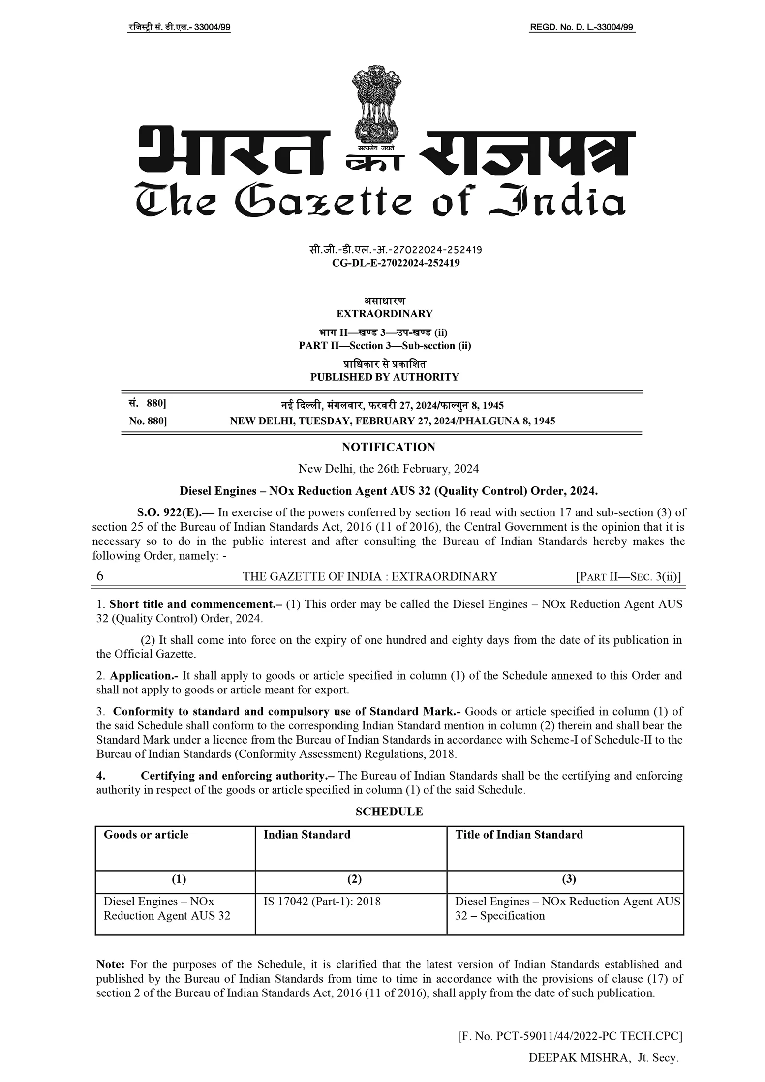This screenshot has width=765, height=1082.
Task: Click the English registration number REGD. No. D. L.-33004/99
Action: point(581,28)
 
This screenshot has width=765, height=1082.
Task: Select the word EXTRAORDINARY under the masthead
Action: point(384,313)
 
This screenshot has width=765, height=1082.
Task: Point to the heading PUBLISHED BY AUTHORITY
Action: point(384,377)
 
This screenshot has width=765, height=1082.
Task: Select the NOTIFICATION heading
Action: point(388,447)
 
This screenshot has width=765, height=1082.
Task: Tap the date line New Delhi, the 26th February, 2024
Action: point(388,469)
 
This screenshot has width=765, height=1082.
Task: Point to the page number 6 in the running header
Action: point(100,576)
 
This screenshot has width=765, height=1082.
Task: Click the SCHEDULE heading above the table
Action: point(389,811)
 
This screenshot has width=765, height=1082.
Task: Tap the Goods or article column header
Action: point(146,834)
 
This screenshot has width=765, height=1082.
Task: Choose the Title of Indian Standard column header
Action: point(519,834)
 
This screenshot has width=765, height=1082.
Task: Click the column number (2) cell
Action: point(354,879)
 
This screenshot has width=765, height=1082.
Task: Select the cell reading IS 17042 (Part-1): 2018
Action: point(322,902)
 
